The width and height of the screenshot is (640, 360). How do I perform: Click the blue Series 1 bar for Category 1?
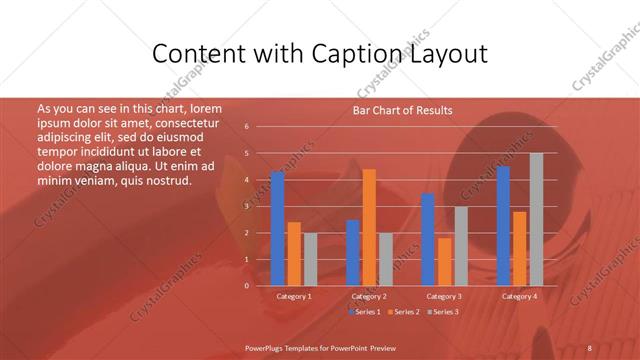coord(277,229)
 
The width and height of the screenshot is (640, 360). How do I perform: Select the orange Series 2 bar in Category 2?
coord(369,228)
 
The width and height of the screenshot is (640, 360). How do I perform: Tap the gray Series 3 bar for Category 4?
coord(536,220)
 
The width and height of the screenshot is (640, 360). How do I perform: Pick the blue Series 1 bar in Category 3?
coord(428,240)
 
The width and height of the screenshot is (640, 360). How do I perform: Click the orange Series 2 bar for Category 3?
coord(444,262)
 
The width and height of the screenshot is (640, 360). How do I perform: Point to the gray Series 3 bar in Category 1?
coord(310,259)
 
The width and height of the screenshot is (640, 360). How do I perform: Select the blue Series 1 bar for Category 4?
coord(503,226)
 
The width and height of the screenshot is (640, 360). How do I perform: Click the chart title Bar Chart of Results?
coord(402,110)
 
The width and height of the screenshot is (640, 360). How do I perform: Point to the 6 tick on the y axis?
coord(246,127)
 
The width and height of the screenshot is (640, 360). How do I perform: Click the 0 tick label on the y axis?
coord(246,286)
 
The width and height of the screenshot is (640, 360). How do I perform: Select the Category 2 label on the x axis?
coord(369,297)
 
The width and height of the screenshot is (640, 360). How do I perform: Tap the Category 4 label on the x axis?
coord(519,297)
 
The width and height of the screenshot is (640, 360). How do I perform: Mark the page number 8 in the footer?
coord(589,347)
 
